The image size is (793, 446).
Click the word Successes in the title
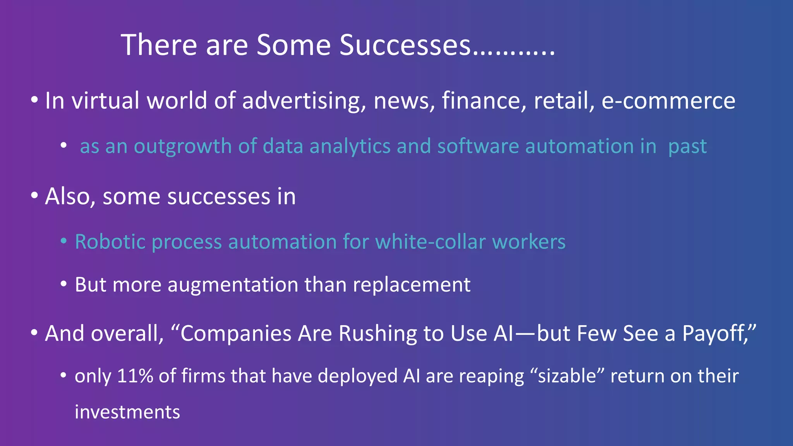point(405,45)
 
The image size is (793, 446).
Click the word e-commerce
point(668,101)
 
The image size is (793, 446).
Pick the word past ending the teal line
point(687,147)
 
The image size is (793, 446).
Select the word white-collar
point(430,242)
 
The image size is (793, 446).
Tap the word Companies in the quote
point(236,334)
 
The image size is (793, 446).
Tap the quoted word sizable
point(567,376)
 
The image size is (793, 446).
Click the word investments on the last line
point(127,412)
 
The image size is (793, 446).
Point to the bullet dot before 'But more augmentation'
point(64,285)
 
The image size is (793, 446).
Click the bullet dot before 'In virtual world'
point(34,100)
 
